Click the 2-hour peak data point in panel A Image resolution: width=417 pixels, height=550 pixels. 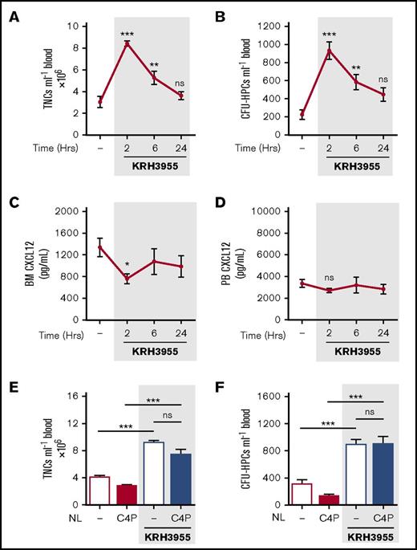coord(128,43)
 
